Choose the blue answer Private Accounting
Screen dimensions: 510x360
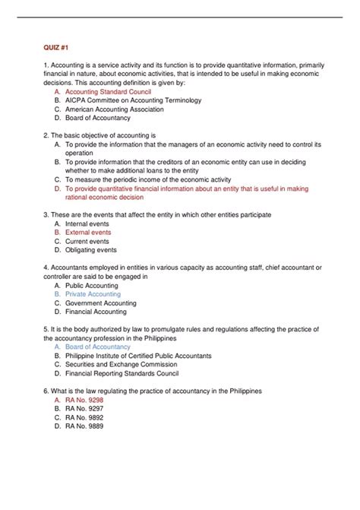pyautogui.click(x=93, y=294)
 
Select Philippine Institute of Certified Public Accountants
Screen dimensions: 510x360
pyautogui.click(x=138, y=356)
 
